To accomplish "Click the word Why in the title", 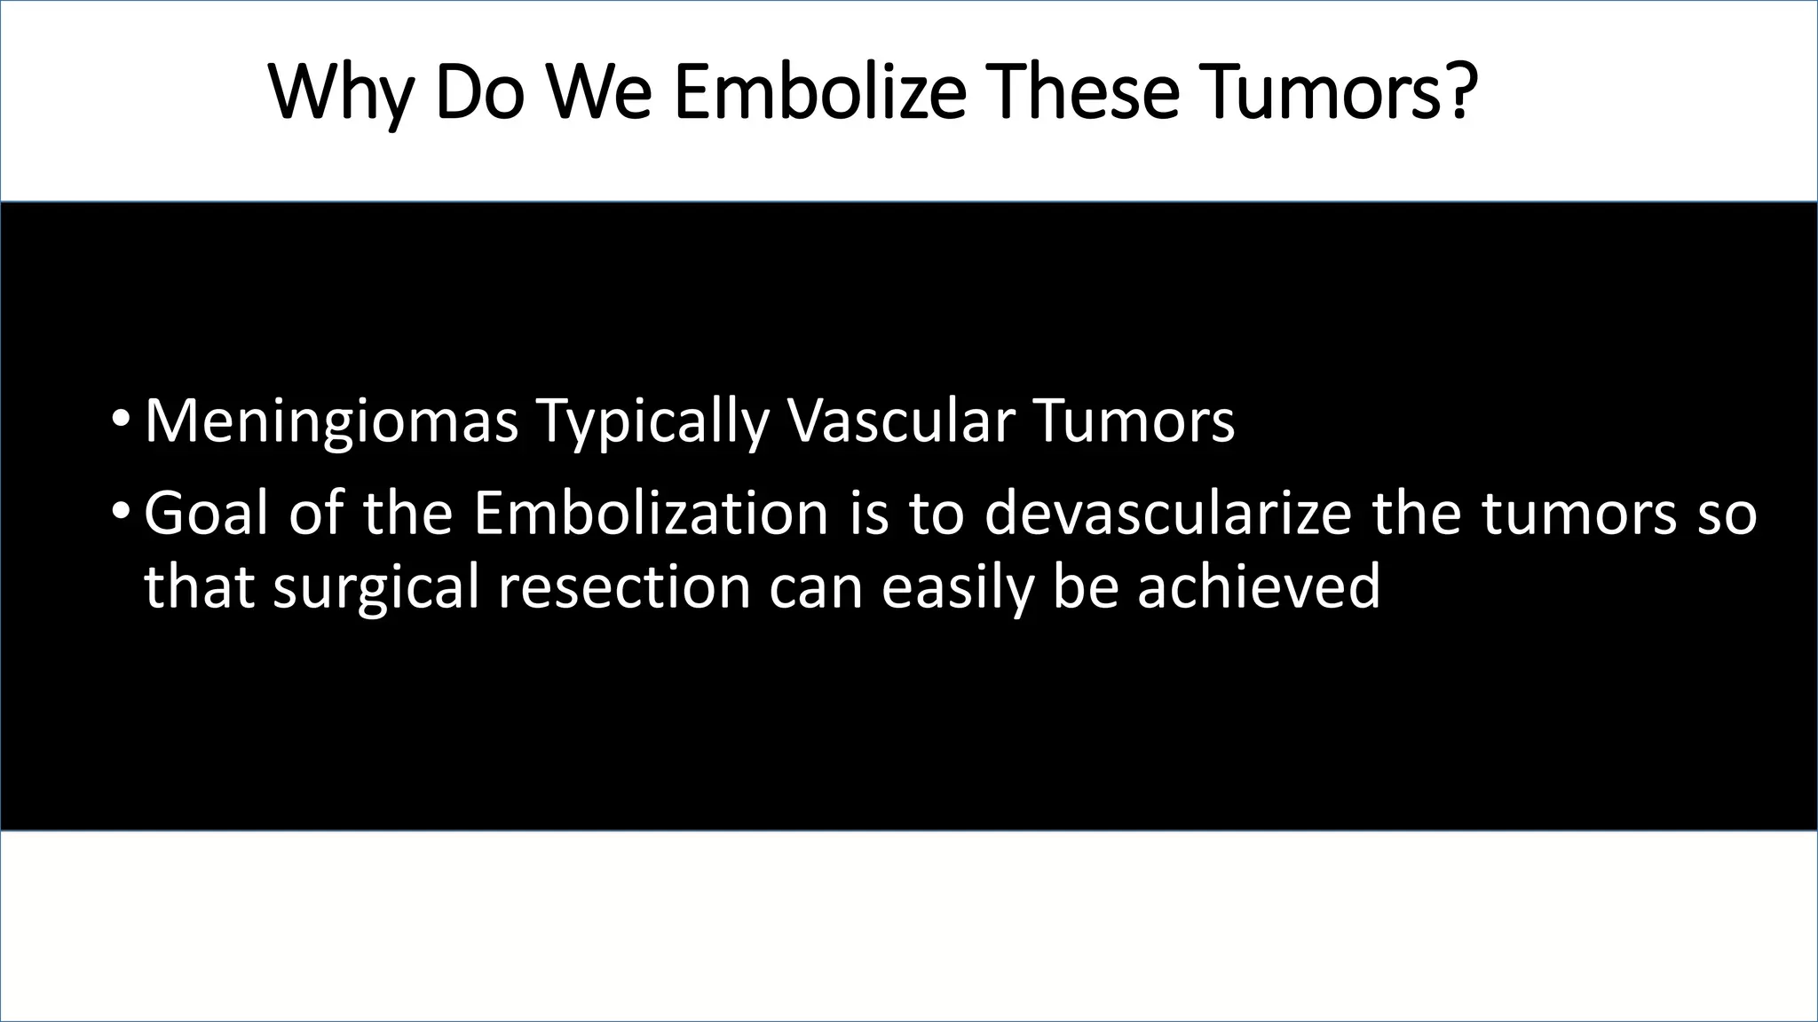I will [x=340, y=93].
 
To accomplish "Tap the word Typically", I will [x=652, y=421].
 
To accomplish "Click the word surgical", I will [x=376, y=587].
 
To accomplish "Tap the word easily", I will [x=957, y=587].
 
